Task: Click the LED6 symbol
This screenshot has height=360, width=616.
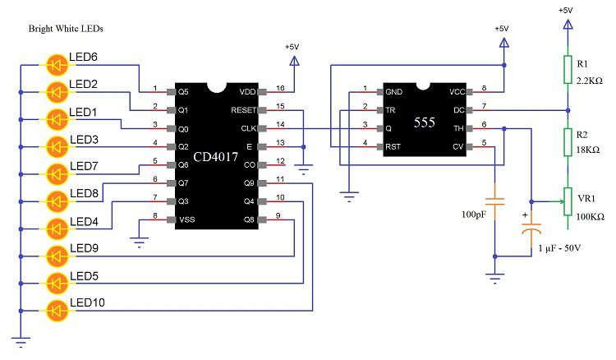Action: [57, 62]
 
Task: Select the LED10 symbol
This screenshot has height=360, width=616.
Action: [57, 311]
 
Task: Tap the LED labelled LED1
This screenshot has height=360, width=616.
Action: [57, 118]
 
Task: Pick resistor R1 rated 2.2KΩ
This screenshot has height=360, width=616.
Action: [567, 69]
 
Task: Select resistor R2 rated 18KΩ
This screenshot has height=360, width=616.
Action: [567, 141]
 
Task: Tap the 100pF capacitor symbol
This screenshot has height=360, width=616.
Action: [494, 199]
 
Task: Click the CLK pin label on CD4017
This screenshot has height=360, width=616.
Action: [247, 128]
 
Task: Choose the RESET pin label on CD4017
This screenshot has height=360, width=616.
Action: [243, 109]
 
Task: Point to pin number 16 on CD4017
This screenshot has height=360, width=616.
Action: [278, 86]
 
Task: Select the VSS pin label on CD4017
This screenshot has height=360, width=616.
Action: [187, 219]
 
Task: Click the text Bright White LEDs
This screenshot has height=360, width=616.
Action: [66, 29]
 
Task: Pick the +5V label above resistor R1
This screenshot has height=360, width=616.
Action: [566, 10]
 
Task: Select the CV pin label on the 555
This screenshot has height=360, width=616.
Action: [457, 146]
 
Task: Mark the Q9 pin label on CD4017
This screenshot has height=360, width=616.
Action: [251, 182]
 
